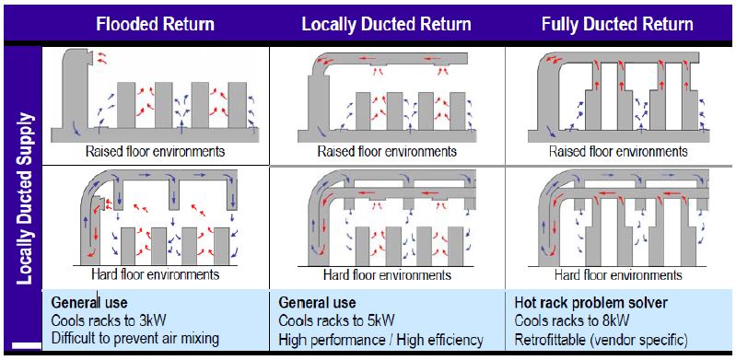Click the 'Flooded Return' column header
click(x=156, y=24)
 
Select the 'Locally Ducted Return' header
click(x=387, y=24)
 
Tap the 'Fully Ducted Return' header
click(x=617, y=24)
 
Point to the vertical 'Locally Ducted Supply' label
click(x=24, y=199)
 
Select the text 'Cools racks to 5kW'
click(x=336, y=320)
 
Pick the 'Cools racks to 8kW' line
click(x=572, y=321)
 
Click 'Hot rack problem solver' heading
click(x=591, y=303)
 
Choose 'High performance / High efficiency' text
click(x=380, y=340)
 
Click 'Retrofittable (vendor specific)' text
click(x=602, y=340)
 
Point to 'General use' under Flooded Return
click(x=89, y=302)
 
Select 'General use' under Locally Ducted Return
click(x=317, y=302)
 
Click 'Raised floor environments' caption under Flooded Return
click(x=155, y=152)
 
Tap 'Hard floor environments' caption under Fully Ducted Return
click(x=618, y=274)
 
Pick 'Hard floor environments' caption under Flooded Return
click(x=156, y=273)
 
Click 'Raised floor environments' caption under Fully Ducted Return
click(x=618, y=152)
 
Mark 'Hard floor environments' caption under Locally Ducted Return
click(x=387, y=274)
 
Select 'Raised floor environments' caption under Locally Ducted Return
click(x=387, y=152)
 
